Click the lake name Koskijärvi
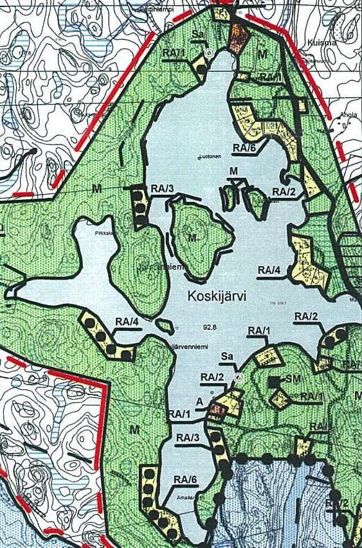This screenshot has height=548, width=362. point(218,296)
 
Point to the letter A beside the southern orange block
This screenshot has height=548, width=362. point(201,400)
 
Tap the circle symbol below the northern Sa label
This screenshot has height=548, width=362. point(208,53)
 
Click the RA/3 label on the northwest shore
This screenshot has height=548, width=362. point(162,188)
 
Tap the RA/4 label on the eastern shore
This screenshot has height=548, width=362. point(269,269)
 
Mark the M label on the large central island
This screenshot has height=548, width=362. point(192,238)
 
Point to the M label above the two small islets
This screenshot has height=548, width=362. point(233,170)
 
